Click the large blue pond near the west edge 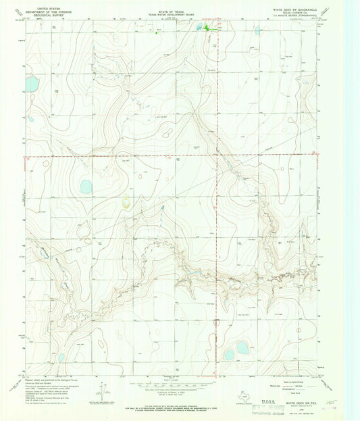31,84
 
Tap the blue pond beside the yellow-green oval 86,187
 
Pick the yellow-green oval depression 126,201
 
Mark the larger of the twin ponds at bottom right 242,348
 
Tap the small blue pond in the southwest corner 61,357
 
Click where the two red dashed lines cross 217,156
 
